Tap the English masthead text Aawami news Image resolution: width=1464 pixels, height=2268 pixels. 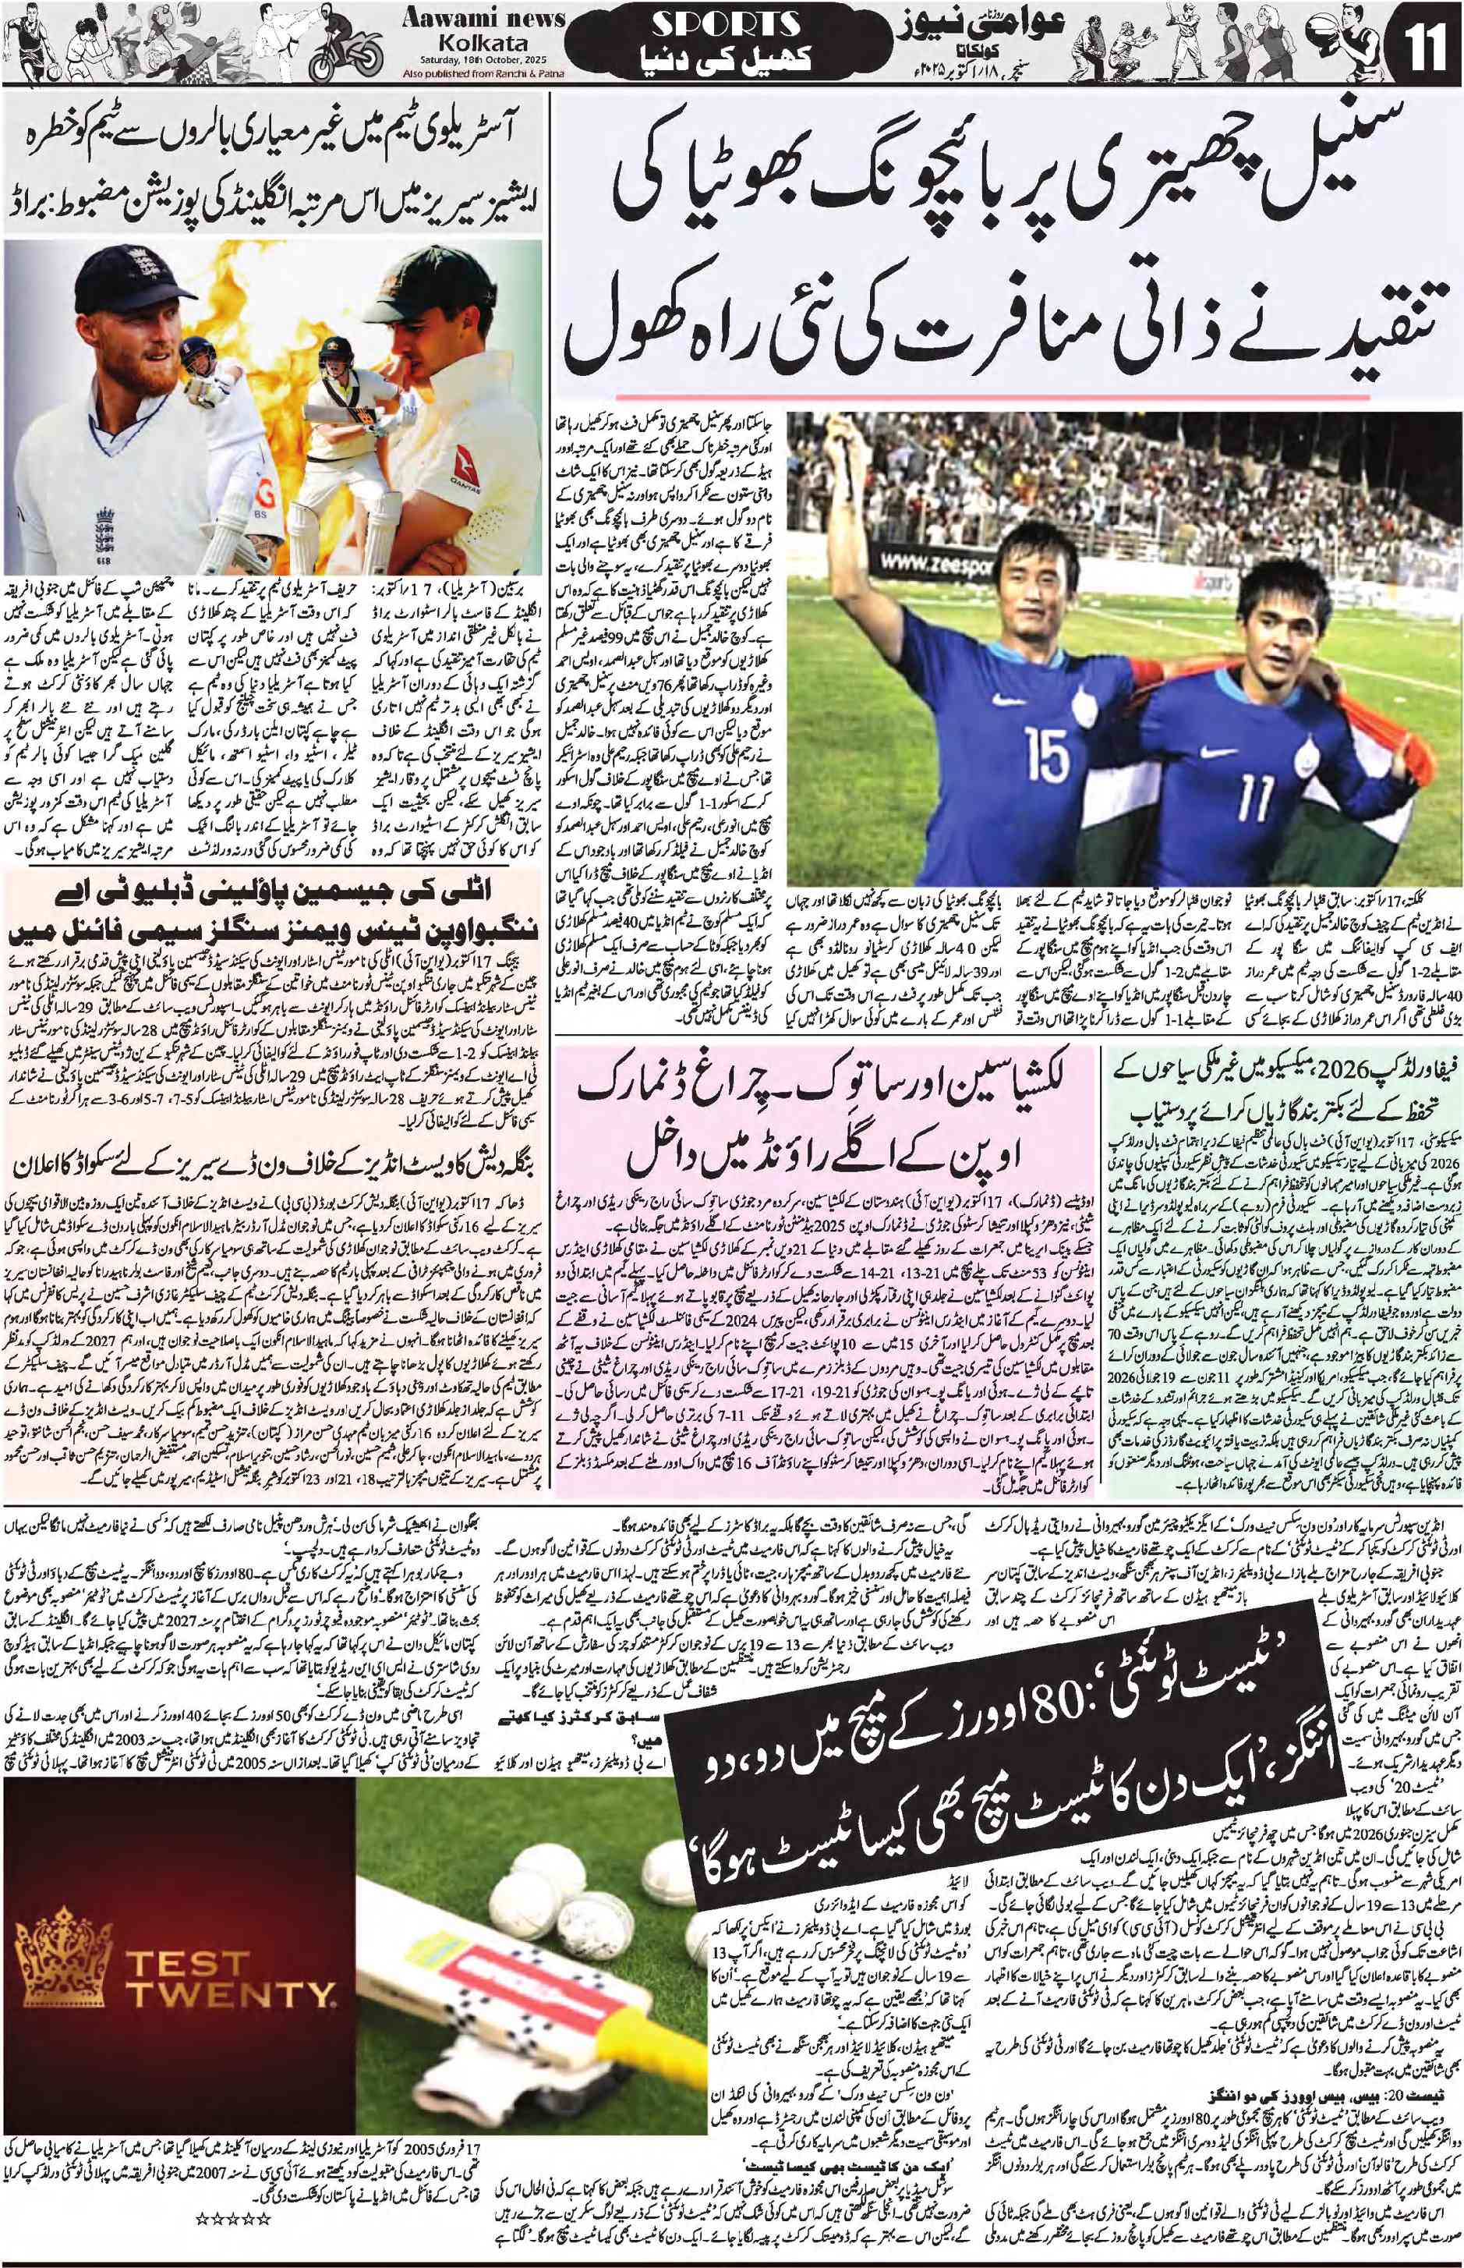485,19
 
